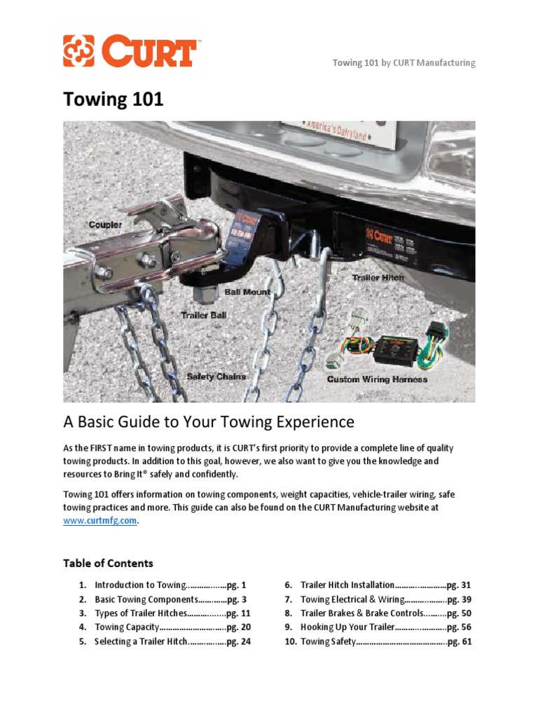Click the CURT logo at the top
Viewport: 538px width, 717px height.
tap(130, 52)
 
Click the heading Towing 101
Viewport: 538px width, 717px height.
tap(113, 99)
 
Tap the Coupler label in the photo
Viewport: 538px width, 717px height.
tap(105, 225)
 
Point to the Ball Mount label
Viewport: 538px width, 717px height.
tap(247, 291)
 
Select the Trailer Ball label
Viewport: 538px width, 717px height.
tap(204, 315)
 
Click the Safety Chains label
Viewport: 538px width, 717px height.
tap(216, 377)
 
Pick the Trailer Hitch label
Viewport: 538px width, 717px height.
tap(378, 278)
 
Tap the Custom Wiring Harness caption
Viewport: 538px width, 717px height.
tap(377, 380)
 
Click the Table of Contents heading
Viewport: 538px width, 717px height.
tap(108, 563)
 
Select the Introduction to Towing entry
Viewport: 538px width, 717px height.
tap(139, 585)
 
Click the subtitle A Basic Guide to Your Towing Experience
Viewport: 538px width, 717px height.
tap(209, 422)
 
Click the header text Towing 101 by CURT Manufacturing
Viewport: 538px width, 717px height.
tap(403, 63)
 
